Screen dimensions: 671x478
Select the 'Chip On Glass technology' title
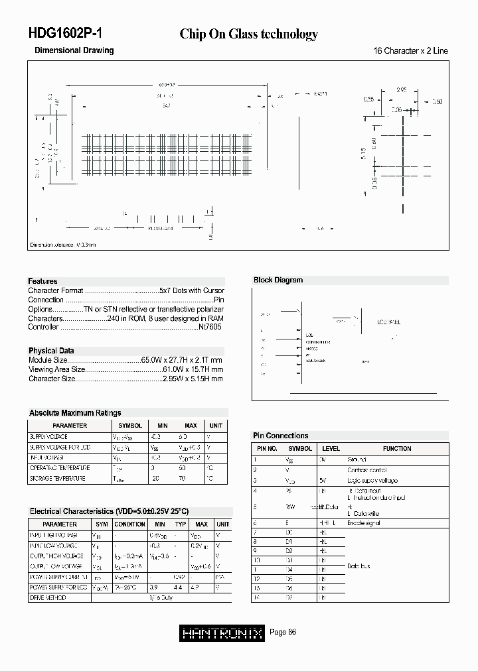point(248,34)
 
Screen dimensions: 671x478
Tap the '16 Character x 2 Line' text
point(411,51)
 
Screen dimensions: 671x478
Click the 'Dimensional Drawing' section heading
point(74,50)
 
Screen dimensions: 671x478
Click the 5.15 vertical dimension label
point(363,153)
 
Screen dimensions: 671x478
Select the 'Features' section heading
point(42,281)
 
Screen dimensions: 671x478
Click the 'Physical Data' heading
point(51,351)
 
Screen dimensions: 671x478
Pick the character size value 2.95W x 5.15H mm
point(193,379)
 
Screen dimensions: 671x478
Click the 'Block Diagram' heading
point(278,280)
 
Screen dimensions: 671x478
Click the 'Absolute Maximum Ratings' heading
point(75,412)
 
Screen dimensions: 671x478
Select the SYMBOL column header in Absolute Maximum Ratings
point(130,426)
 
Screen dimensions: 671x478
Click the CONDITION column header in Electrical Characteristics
point(130,524)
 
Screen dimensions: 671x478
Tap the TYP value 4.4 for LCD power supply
point(178,587)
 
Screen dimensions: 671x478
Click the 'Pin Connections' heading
point(280,436)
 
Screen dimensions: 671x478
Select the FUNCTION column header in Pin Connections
point(396,449)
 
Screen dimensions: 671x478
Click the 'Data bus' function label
point(358,566)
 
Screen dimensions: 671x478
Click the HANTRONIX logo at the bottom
point(222,633)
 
